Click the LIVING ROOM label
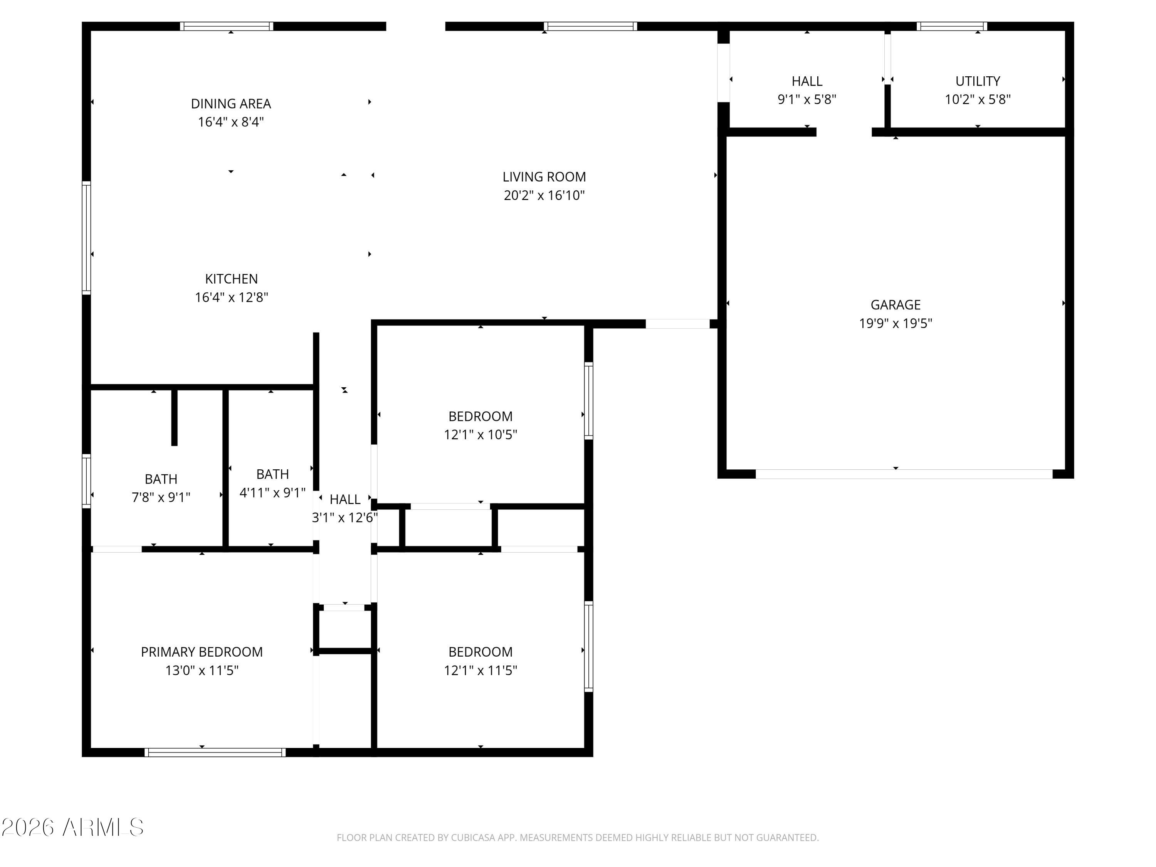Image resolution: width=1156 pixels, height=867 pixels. [544, 176]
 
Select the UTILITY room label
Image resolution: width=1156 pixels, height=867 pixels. [977, 81]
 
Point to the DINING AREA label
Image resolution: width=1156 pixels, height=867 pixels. [230, 104]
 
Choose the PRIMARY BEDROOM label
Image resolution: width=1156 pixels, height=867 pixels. [202, 652]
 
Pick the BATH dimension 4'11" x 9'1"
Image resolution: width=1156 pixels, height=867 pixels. [272, 493]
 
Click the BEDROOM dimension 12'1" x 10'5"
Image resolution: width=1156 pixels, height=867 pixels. [480, 435]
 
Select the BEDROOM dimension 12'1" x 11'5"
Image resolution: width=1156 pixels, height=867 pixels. [480, 670]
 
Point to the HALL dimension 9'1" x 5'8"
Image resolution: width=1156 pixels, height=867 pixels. [807, 99]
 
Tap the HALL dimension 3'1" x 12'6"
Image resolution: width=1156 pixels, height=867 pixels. [344, 518]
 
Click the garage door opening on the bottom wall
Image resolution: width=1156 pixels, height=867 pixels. [904, 474]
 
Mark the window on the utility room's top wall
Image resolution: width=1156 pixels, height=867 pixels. [952, 26]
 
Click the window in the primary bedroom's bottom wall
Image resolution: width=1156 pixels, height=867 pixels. [215, 753]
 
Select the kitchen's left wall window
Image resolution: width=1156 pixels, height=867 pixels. [86, 238]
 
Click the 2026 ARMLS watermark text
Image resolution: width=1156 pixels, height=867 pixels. [73, 827]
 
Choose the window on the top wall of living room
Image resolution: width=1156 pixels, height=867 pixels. [590, 26]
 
